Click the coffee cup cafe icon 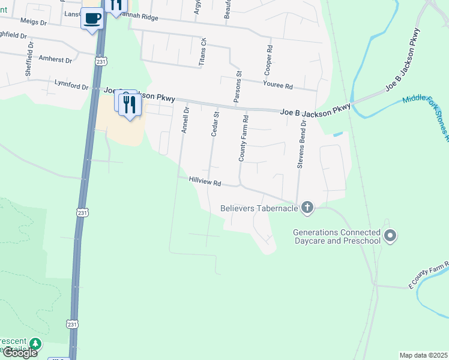(x=92, y=19)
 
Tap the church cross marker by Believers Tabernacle (x=307, y=208)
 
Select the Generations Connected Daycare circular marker (x=390, y=236)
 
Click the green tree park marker (x=36, y=344)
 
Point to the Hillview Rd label (x=205, y=181)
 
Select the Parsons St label (x=238, y=88)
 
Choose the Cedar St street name (x=214, y=123)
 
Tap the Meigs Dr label (x=33, y=21)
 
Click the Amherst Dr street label (x=55, y=60)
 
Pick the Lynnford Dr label (x=71, y=85)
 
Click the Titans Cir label (x=203, y=52)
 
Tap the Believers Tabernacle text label (x=259, y=208)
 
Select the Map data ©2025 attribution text (x=423, y=355)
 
